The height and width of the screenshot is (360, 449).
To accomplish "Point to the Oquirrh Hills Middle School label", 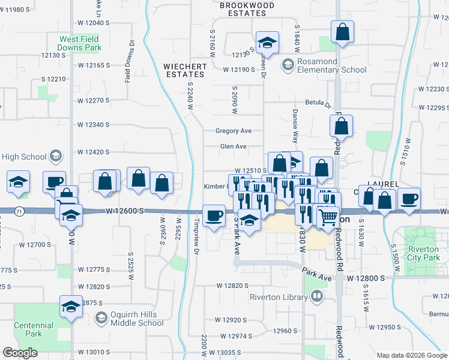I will click(130, 318).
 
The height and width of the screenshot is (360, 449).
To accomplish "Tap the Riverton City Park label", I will click(423, 253).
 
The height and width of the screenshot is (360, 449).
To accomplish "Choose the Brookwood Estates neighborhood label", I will click(243, 8).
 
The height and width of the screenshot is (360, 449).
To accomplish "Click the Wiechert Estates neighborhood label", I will click(184, 70).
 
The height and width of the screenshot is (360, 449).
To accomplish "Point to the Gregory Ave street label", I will click(234, 131).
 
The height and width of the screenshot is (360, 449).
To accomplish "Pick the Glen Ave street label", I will click(234, 146).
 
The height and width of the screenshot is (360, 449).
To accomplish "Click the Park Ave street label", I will click(317, 274).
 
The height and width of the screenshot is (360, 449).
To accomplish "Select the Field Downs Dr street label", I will click(128, 61).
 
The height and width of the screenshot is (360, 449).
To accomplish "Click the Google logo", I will click(20, 353).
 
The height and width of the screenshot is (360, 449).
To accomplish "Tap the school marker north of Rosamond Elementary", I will click(267, 42).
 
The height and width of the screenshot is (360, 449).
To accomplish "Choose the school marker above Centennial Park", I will click(71, 307).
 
